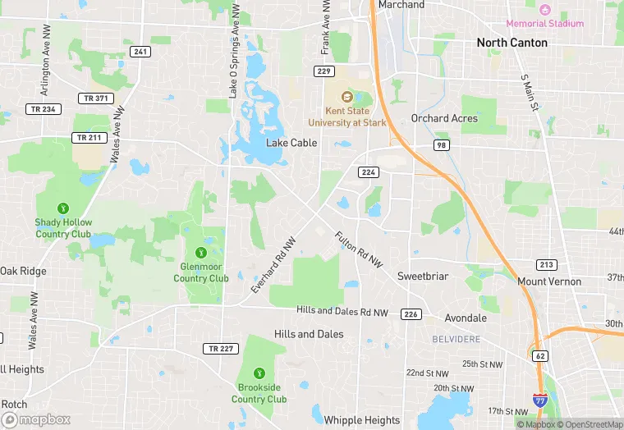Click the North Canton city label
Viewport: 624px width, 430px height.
[x=512, y=42]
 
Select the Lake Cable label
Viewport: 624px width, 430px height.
[x=291, y=142]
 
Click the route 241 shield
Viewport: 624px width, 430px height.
[x=140, y=52]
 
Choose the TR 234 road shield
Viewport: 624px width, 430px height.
[x=43, y=108]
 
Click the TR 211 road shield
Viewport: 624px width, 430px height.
[x=89, y=137]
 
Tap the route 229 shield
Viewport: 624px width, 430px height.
[x=323, y=71]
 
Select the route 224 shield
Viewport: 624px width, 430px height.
[x=367, y=172]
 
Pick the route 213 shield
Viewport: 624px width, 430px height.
[x=546, y=264]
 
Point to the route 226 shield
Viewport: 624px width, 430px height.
[x=411, y=313]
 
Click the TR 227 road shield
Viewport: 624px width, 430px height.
[x=219, y=348]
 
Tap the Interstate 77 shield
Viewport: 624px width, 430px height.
[x=540, y=400]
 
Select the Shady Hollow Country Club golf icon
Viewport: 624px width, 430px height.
[x=63, y=208]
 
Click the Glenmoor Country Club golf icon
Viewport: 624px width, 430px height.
[x=201, y=252]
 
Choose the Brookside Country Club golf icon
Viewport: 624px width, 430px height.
[x=259, y=373]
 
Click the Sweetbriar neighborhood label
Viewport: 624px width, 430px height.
[x=423, y=276]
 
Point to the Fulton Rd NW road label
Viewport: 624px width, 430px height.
[x=359, y=249]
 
